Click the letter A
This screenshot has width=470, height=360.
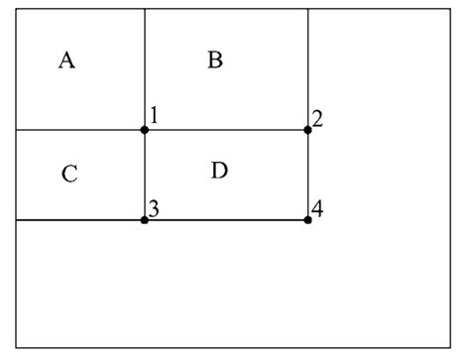click(66, 61)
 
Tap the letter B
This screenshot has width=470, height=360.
click(215, 61)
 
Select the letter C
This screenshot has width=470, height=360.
click(68, 175)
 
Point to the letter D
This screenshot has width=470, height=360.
click(219, 171)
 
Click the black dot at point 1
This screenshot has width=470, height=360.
click(145, 129)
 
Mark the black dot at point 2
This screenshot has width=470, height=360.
click(307, 129)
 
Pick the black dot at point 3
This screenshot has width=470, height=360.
click(145, 219)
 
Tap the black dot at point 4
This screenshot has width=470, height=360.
click(307, 219)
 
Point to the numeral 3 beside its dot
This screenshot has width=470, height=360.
click(154, 207)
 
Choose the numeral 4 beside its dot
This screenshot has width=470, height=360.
click(317, 208)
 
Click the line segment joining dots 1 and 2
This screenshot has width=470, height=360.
click(226, 129)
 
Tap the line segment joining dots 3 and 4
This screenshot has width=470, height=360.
click(226, 219)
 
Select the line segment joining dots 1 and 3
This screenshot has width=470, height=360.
click(145, 175)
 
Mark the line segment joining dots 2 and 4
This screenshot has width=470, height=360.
click(307, 175)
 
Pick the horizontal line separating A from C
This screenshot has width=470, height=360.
click(79, 129)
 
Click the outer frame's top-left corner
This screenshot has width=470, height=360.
click(16, 8)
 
